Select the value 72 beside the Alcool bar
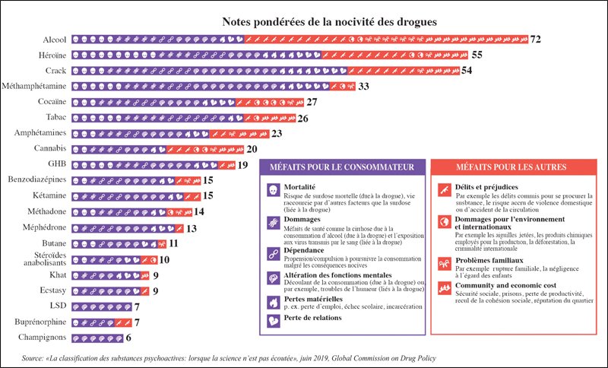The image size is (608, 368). tap(536, 38)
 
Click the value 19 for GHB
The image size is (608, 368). tap(243, 164)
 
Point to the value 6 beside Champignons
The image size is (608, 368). tap(129, 338)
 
